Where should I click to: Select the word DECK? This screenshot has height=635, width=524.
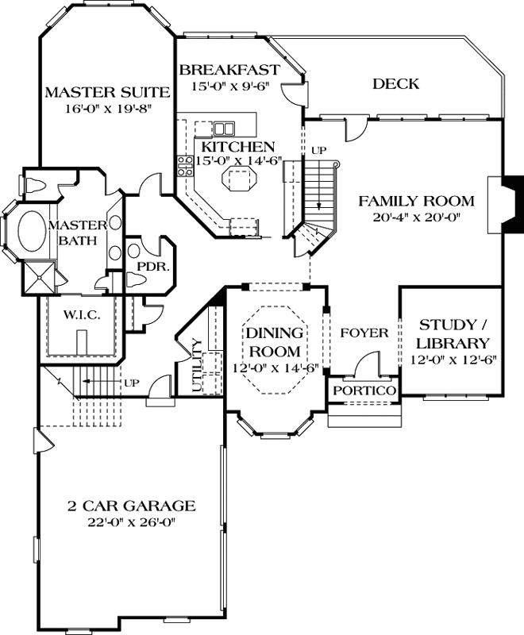pyautogui.click(x=395, y=84)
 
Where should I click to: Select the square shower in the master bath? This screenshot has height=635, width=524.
pyautogui.click(x=40, y=276)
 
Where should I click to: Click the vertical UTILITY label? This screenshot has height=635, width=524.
pyautogui.click(x=198, y=366)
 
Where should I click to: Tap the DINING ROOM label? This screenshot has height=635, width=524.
pyautogui.click(x=273, y=341)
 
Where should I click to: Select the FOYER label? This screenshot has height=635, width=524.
pyautogui.click(x=364, y=333)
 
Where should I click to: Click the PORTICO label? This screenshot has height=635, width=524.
pyautogui.click(x=364, y=392)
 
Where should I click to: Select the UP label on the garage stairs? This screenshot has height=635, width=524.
pyautogui.click(x=131, y=383)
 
